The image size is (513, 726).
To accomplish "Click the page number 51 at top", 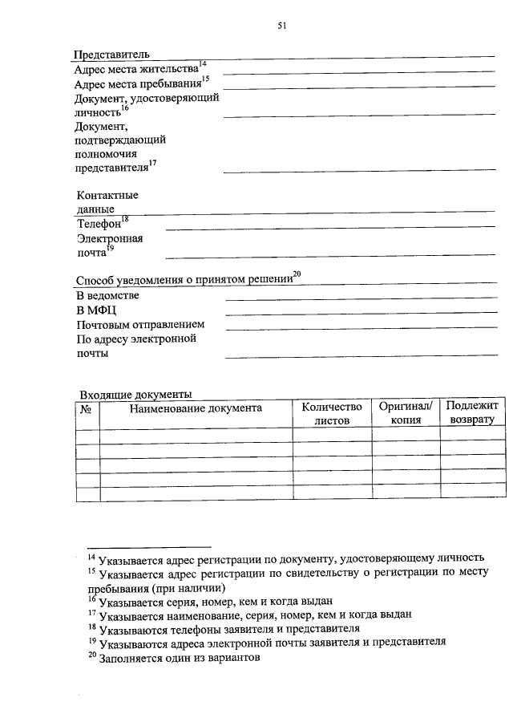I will [281, 26].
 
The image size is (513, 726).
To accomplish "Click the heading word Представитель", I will [111, 55].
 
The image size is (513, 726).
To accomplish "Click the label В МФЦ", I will [96, 310].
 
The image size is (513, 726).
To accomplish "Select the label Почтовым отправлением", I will [140, 325].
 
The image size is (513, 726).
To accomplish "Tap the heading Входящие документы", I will [135, 394].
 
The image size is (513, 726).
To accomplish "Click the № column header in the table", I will [87, 409].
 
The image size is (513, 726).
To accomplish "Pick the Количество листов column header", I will [332, 414].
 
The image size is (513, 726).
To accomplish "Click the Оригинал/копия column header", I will [406, 414].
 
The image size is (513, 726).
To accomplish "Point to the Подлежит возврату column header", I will [472, 413].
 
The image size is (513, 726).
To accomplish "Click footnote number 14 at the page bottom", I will [91, 556].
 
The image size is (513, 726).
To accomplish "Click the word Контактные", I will [107, 195].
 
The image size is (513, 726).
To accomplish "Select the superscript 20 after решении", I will [297, 275].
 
